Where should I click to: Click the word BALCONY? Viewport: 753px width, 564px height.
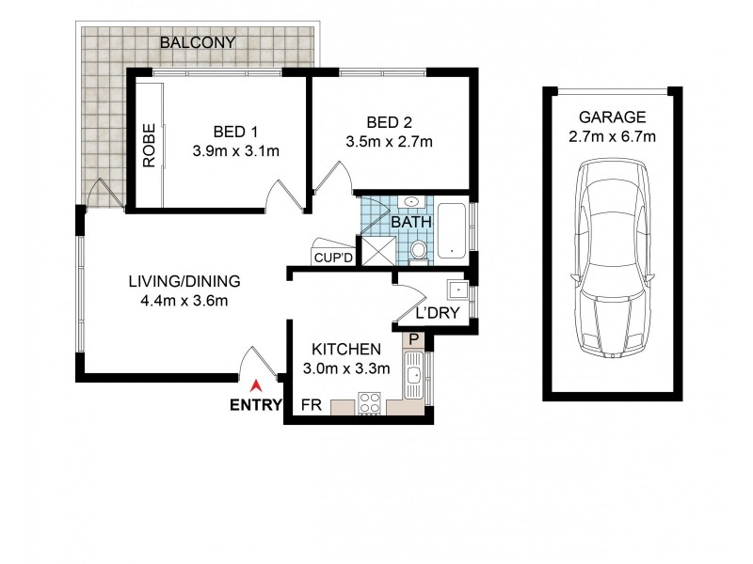point(197,43)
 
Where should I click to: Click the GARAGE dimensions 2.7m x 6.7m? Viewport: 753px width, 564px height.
point(613,137)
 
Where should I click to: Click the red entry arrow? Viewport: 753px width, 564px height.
point(255,385)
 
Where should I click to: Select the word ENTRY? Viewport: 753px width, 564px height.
point(254,406)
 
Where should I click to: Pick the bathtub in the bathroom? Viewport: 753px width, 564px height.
point(453,229)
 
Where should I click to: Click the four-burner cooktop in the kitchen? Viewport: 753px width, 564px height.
point(368,405)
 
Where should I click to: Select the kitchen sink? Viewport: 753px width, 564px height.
point(413,376)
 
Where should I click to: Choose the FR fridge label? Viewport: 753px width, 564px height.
point(308,405)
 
